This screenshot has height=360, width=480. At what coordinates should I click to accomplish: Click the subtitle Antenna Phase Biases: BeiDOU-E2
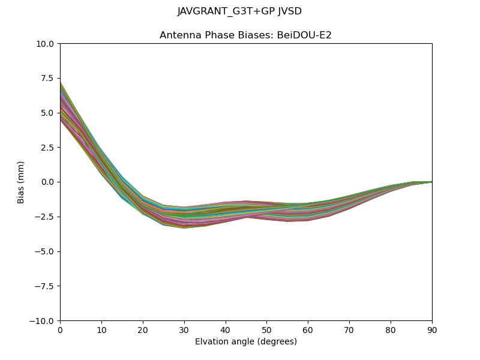[245, 35]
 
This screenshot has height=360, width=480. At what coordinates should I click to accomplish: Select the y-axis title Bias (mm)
[21, 182]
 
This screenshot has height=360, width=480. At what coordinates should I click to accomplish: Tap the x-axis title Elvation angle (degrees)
[245, 341]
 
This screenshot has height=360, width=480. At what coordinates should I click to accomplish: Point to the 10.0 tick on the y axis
[47, 43]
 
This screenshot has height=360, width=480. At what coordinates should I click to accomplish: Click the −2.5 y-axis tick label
[46, 217]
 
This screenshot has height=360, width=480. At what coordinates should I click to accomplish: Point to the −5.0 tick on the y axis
[46, 251]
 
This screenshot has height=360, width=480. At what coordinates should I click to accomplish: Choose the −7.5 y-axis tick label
[46, 286]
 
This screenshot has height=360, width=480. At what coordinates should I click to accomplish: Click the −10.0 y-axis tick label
[44, 321]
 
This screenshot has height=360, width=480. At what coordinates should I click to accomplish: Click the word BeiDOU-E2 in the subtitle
[306, 35]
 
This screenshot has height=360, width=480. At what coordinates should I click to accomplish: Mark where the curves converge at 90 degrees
[431, 182]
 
